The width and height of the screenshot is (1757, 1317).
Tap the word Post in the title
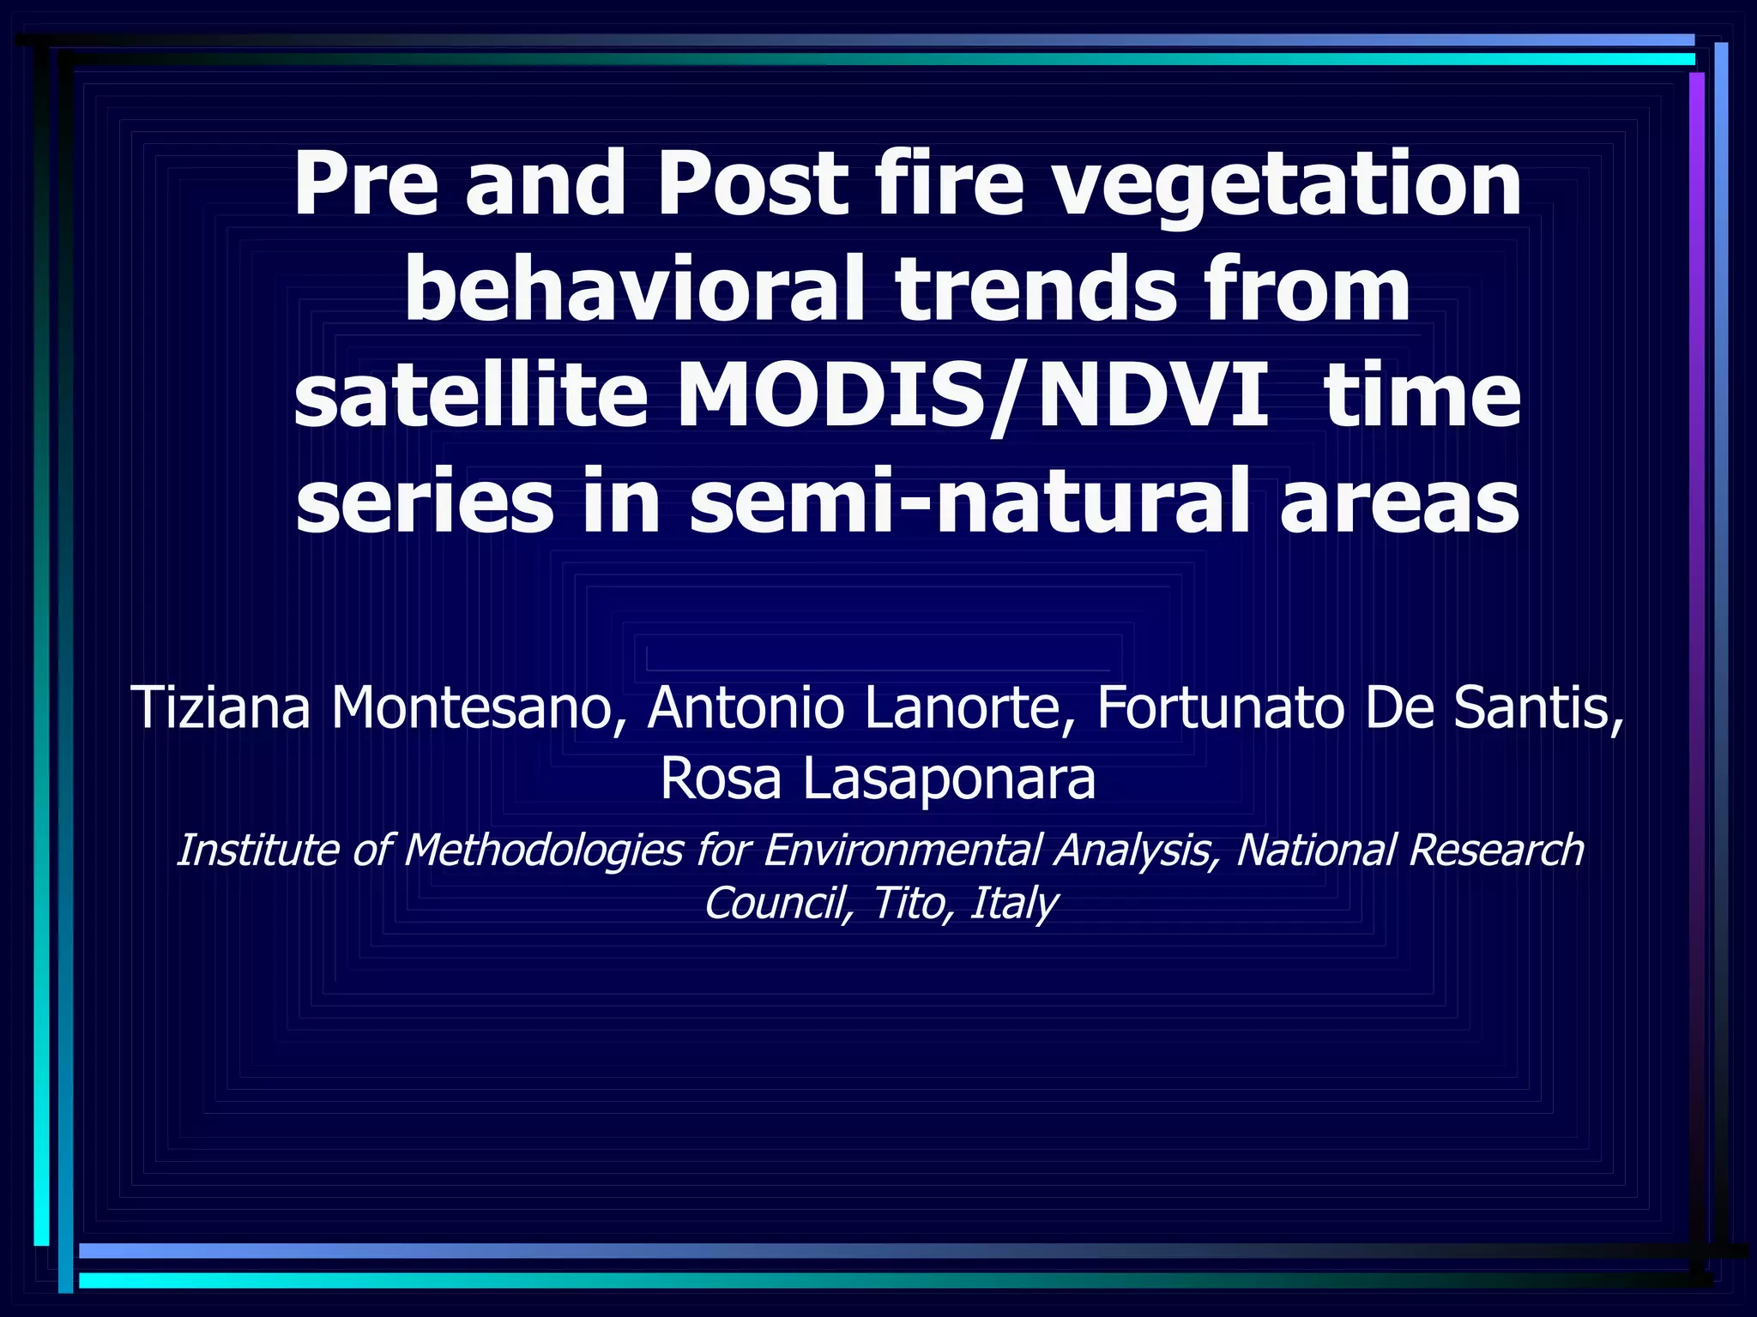coord(751,183)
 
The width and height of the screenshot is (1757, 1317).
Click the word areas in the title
coord(1399,502)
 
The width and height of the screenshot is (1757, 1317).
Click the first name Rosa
coord(721,779)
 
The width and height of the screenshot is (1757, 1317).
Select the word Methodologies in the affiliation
coord(544,851)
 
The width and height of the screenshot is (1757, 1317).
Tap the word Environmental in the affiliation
coord(901,851)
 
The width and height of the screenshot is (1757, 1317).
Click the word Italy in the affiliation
coord(1013,903)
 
